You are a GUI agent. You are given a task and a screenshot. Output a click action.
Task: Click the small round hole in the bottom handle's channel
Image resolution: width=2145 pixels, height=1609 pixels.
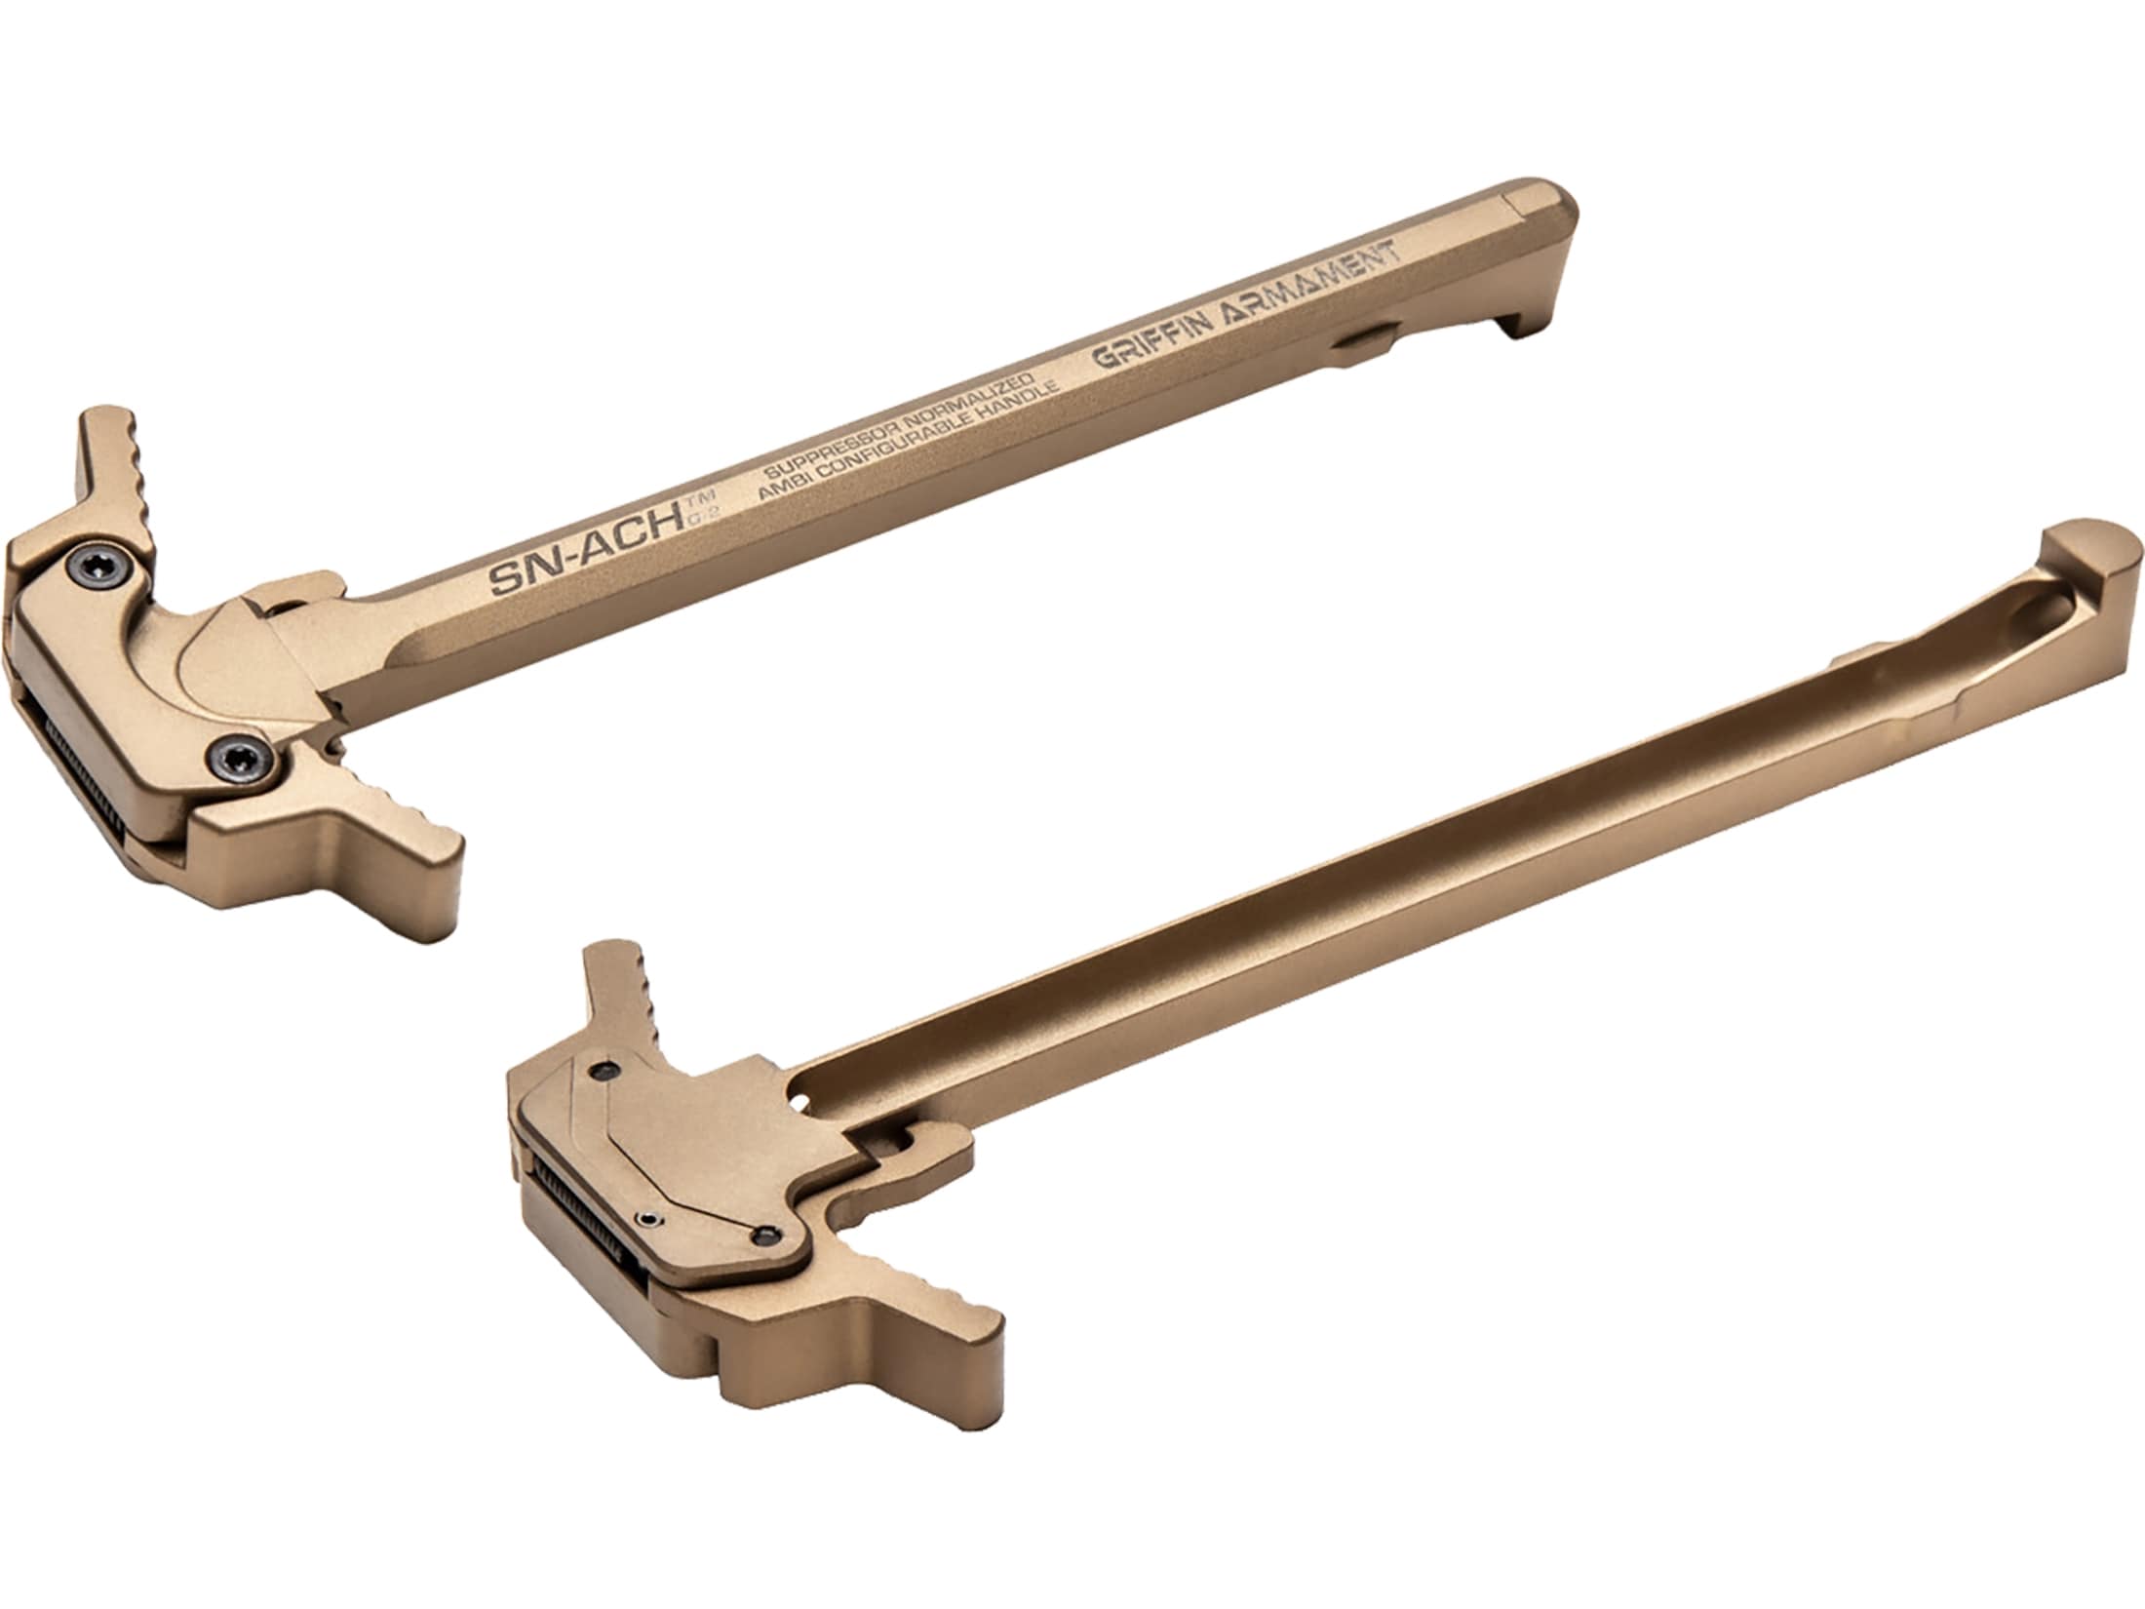coord(802,1101)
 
